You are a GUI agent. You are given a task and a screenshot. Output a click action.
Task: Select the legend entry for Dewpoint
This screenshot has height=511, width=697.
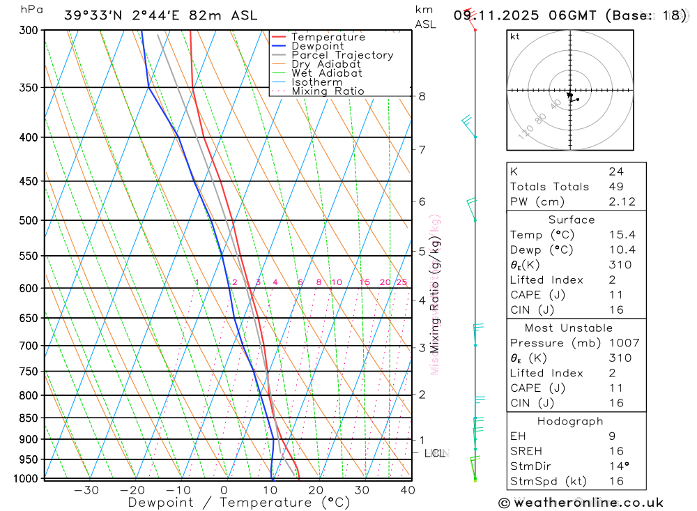(x=318, y=46)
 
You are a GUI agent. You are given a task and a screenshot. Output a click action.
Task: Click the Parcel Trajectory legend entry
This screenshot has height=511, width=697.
(x=342, y=55)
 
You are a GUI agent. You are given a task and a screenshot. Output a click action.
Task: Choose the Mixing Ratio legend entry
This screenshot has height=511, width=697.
(x=328, y=91)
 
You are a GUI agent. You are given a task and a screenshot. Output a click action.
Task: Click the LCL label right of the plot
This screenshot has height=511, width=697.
(x=435, y=453)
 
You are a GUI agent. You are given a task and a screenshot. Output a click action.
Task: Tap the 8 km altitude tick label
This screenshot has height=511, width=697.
(x=422, y=96)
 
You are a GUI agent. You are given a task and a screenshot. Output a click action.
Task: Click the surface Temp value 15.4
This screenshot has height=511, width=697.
(x=621, y=235)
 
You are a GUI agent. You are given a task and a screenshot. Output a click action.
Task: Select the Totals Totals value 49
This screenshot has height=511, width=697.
(x=615, y=186)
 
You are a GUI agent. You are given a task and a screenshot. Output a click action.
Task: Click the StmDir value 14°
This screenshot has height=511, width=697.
(x=618, y=466)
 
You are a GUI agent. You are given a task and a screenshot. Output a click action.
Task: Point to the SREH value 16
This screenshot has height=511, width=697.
(x=615, y=451)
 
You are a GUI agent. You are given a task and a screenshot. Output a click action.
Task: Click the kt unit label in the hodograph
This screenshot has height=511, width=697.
(x=514, y=36)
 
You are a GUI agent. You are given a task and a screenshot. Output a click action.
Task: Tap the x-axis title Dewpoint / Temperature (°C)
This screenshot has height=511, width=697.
(x=239, y=502)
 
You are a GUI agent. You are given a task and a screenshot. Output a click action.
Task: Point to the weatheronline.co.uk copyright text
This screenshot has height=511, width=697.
(x=581, y=503)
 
